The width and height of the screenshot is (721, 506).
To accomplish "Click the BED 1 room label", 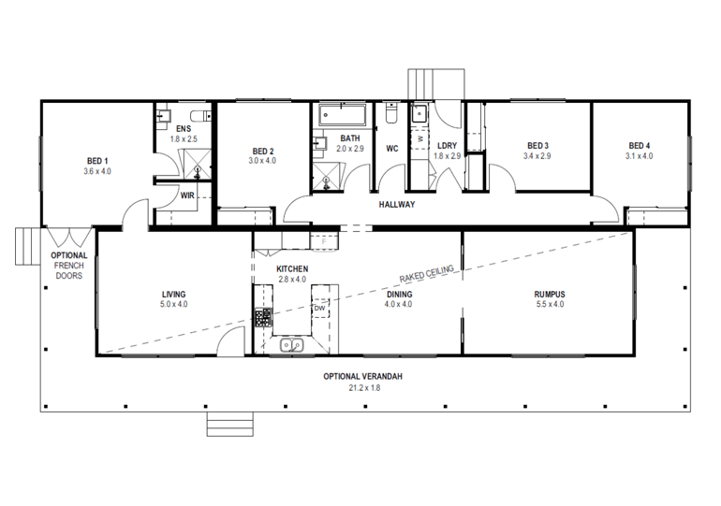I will pos(96,160).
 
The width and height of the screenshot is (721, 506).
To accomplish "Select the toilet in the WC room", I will pos(392,114).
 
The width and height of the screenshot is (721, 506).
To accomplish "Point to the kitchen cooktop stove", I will pos(262,317).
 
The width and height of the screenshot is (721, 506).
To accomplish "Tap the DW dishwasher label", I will pos(319,308).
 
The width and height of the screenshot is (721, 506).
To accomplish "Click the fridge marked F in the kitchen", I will pos(323,241).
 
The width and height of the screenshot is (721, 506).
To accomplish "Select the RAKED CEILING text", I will pos(426,273).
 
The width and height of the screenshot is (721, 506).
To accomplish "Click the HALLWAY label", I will pos(397,204).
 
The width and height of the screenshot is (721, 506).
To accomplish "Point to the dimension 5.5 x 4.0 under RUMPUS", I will pos(550,304).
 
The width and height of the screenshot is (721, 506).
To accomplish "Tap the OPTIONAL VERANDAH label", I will pos(363,376).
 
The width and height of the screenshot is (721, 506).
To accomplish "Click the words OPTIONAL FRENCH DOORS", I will pos(68,266).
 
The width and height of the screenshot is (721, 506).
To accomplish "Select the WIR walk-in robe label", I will pos(187,195).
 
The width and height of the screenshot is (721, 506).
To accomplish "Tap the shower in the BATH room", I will pos(329,180).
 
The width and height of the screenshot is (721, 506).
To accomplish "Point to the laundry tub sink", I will pos(419,114).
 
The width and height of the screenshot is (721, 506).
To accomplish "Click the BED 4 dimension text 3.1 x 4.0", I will pos(639,156).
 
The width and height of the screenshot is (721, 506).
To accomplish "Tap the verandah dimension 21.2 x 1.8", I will pos(363,387).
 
